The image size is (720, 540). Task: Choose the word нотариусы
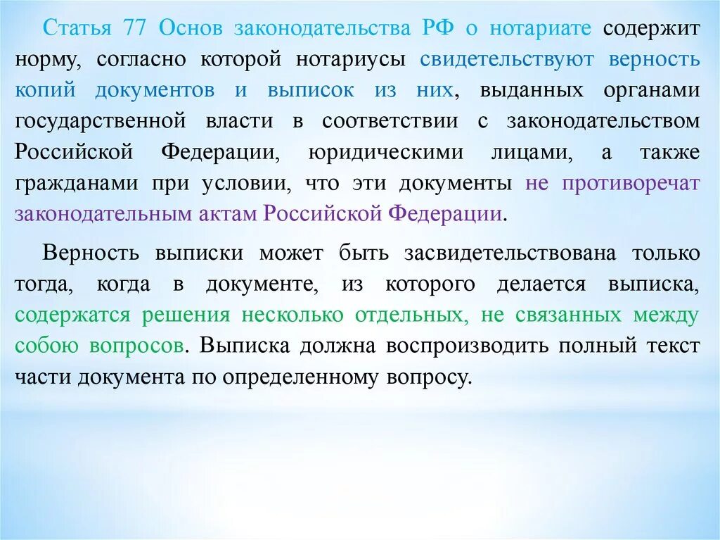354,60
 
